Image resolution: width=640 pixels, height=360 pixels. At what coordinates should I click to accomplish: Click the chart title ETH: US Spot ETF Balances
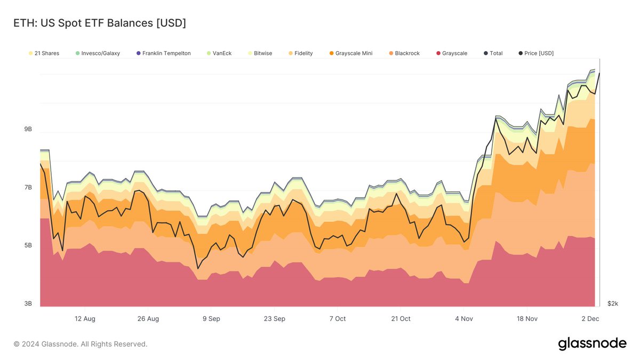point(99,23)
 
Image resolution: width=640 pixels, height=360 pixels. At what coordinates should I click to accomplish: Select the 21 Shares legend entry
point(44,53)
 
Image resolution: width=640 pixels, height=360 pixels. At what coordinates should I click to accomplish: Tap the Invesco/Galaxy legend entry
point(98,53)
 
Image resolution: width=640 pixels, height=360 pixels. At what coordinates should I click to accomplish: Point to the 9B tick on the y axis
point(28,129)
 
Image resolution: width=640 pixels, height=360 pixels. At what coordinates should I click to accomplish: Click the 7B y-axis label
point(28,187)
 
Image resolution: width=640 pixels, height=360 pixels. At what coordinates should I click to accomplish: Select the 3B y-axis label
point(28,303)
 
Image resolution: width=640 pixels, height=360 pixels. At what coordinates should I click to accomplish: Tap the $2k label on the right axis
point(613,303)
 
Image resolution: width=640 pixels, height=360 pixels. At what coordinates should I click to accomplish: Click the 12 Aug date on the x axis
point(85,318)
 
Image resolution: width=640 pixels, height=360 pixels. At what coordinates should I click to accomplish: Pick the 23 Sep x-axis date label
point(274,318)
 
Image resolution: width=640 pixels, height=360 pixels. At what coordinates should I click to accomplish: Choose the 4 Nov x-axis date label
point(463,318)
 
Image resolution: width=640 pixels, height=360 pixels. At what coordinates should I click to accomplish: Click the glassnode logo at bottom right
point(592,344)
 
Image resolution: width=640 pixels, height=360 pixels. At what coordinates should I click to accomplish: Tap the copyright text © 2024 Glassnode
point(80,344)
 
